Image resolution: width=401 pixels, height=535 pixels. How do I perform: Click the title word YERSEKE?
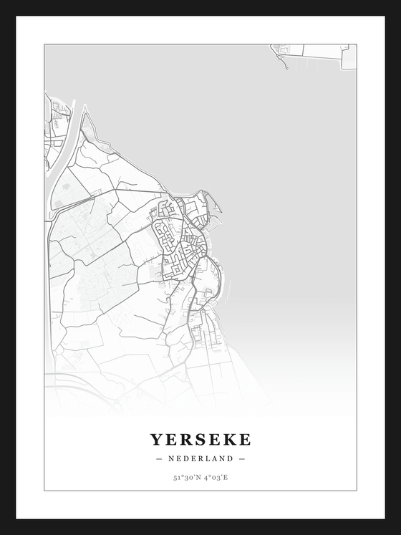coord(200,438)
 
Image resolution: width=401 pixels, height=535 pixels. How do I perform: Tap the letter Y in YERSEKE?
coord(156,438)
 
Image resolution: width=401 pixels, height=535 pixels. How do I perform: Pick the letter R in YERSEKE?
coord(185,438)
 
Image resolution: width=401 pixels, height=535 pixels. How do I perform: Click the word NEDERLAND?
coord(200,458)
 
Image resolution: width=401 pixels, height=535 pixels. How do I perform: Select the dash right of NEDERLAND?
coord(242,458)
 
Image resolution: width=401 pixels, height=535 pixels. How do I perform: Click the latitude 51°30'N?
coord(185,476)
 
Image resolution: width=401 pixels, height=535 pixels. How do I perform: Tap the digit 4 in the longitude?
coord(205,476)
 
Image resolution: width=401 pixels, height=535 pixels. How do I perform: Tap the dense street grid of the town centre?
coord(183,247)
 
